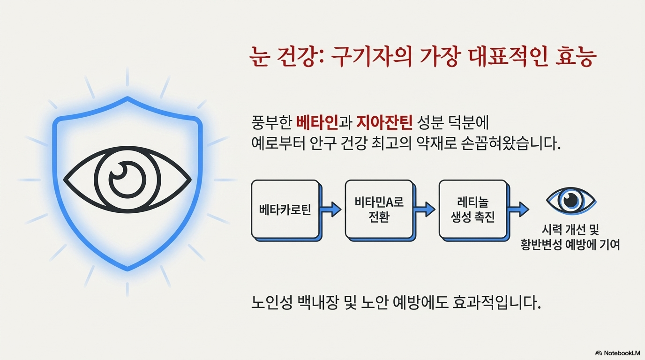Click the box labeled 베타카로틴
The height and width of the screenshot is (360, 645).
[x=285, y=209]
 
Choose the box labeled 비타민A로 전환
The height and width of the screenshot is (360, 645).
[x=379, y=209]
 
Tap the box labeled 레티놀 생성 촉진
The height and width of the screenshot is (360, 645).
[x=472, y=209]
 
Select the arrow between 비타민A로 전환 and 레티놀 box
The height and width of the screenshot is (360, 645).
[x=425, y=209]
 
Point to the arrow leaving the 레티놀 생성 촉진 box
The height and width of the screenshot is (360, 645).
[x=518, y=209]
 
